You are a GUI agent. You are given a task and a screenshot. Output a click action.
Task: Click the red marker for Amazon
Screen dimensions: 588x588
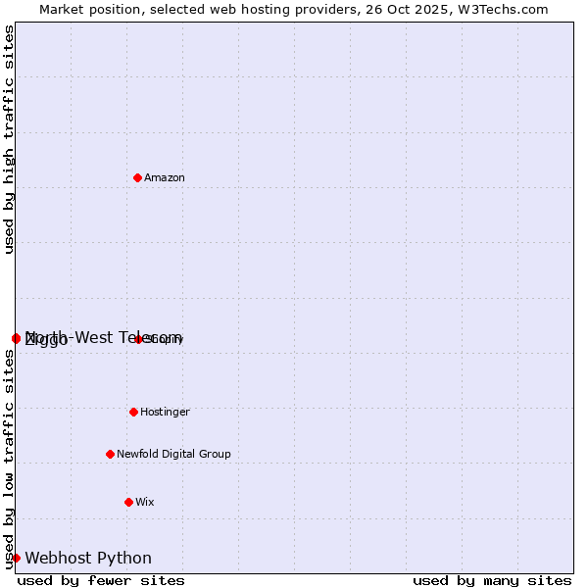coord(137,177)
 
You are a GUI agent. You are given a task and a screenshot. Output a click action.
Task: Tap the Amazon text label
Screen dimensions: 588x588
coord(165,177)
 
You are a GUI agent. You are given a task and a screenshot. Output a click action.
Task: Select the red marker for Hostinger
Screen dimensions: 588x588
coord(133,412)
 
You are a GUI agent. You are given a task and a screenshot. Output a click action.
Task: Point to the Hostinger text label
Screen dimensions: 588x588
coord(165,412)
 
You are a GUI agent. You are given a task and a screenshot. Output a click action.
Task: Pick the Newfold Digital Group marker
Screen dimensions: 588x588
coord(110,454)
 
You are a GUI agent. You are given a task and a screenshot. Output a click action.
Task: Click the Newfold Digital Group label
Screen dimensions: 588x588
coord(173,454)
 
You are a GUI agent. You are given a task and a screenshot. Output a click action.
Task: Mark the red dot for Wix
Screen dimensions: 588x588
coord(128,502)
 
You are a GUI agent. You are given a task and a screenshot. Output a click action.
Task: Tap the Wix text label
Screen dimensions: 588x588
coord(145,502)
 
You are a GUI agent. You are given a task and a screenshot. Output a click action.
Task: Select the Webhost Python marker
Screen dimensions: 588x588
coord(16,558)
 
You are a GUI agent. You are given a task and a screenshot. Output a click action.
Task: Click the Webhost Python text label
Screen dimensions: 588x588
coord(88,558)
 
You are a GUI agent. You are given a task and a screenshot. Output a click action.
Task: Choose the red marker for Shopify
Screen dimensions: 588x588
coord(139,339)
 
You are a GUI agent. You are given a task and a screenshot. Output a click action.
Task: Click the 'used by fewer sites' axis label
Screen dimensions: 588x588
coord(101,580)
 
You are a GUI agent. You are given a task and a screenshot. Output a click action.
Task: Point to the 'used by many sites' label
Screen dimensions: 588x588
coord(492,580)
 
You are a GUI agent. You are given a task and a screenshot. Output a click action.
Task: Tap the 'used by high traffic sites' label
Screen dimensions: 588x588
coord(9,139)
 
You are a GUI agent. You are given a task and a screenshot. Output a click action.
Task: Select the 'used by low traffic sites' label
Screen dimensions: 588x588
coord(9,459)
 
